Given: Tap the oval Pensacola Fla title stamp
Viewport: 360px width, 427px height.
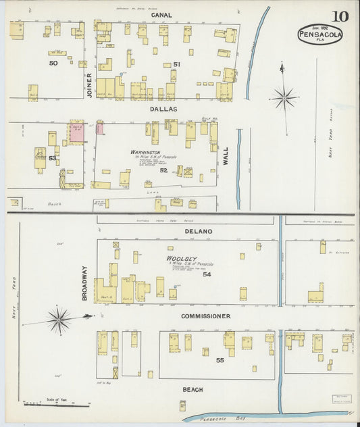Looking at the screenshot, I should click(319, 34).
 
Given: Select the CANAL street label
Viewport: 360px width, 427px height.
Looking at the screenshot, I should click(161, 14).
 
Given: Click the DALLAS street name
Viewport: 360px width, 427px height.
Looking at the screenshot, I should click(163, 108).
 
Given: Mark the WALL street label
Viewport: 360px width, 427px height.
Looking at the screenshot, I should click(226, 157).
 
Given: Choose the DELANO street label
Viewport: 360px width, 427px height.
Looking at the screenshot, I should click(199, 232).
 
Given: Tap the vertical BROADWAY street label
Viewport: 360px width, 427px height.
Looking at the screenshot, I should click(85, 282).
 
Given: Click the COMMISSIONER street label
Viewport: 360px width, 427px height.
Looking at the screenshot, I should click(205, 316).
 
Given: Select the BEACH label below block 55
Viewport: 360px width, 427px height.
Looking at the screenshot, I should click(192, 390).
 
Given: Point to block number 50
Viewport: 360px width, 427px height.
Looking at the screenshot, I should click(53, 63).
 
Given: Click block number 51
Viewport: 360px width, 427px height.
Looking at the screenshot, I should click(177, 64).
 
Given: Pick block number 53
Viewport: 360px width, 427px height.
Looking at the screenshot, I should click(52, 157).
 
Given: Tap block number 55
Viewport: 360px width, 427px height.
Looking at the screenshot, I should click(220, 361).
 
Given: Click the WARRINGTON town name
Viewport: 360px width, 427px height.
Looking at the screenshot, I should click(145, 152).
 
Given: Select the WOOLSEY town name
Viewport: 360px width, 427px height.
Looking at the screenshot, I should click(181, 259).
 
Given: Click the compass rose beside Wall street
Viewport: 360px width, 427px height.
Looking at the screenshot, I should click(284, 98).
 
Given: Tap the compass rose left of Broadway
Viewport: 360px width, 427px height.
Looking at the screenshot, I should click(59, 319).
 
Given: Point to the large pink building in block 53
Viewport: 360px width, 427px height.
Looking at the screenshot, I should click(77, 132).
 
